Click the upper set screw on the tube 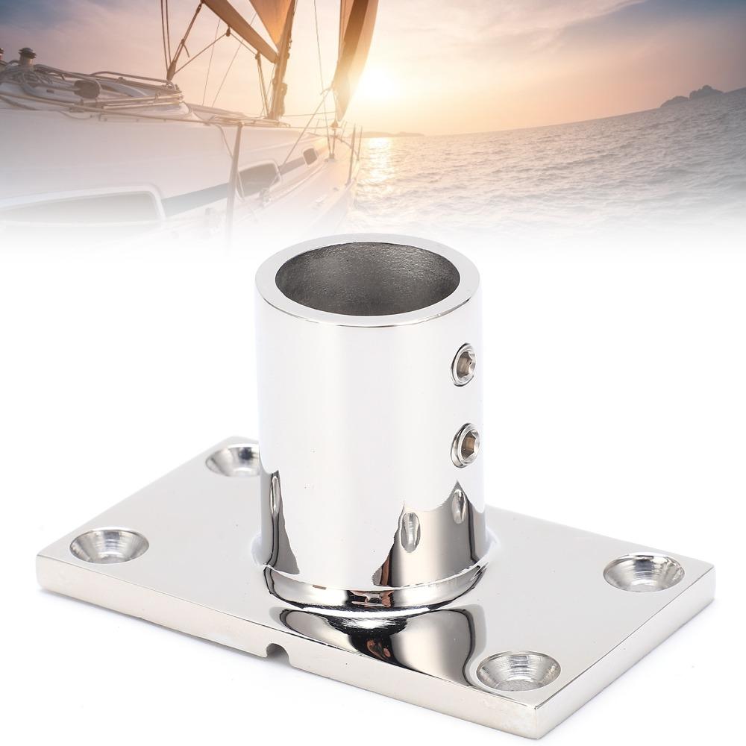(464, 364)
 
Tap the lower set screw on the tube (466, 445)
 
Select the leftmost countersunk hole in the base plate (109, 545)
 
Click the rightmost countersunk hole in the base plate (643, 572)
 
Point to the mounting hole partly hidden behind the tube (233, 460)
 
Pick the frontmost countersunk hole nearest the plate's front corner (518, 669)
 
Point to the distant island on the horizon (694, 95)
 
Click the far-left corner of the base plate (39, 556)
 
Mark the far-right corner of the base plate (712, 571)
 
